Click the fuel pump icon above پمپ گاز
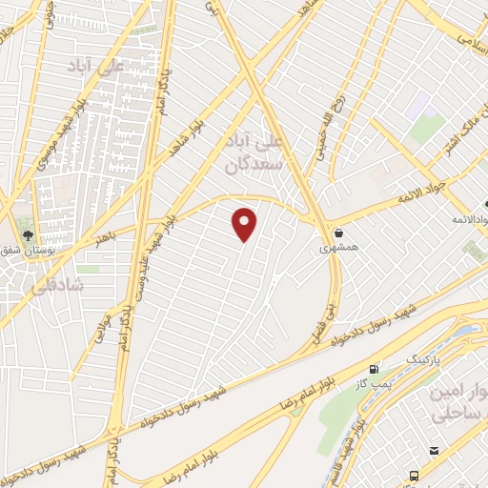[x=373, y=369]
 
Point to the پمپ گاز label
[x=373, y=382]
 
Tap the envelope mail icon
[x=435, y=451]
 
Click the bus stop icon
[x=413, y=475]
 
